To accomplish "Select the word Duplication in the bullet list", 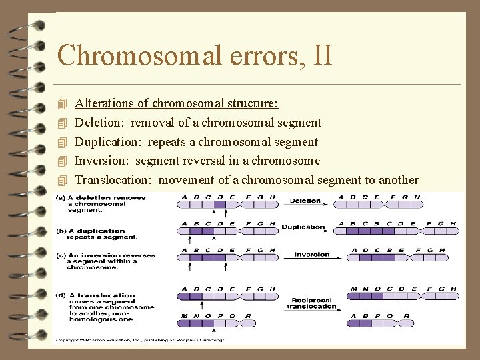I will (108, 142).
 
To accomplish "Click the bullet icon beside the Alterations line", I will (63, 104).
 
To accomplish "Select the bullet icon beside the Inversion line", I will (63, 161).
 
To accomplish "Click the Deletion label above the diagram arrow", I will (305, 201).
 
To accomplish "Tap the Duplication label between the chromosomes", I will (303, 227).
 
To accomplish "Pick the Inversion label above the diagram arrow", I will (312, 254).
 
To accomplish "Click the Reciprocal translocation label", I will (311, 303).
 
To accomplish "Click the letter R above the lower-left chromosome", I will (249, 315).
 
